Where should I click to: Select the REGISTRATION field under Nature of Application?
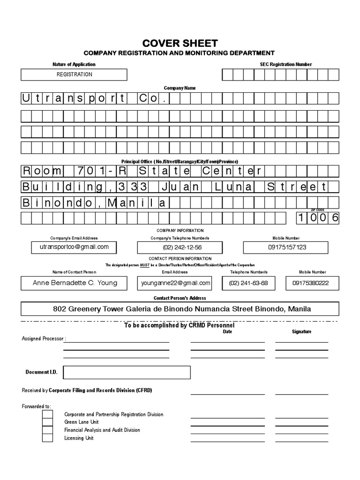[74, 75]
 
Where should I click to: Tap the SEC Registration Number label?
[285, 64]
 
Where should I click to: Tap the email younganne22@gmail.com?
[174, 283]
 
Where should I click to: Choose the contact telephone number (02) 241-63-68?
[248, 283]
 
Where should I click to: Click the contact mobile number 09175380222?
[310, 283]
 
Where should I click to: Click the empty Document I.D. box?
[127, 372]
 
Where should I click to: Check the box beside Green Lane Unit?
[47, 422]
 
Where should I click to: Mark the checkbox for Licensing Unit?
[47, 438]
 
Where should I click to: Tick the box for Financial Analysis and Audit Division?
[47, 430]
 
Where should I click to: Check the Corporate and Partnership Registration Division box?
[47, 414]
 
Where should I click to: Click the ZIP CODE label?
[317, 210]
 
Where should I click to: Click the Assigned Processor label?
[44, 338]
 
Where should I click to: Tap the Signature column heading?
[301, 331]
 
